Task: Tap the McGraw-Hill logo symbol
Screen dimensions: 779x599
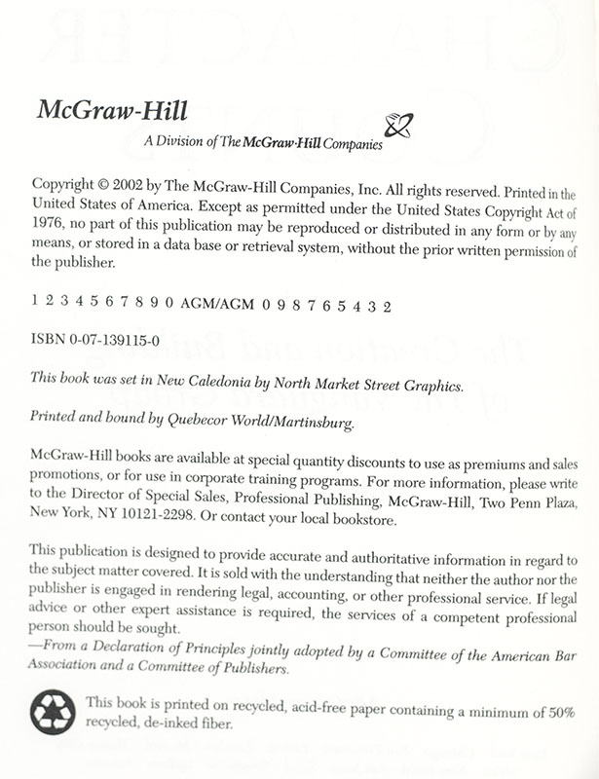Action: (x=398, y=127)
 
